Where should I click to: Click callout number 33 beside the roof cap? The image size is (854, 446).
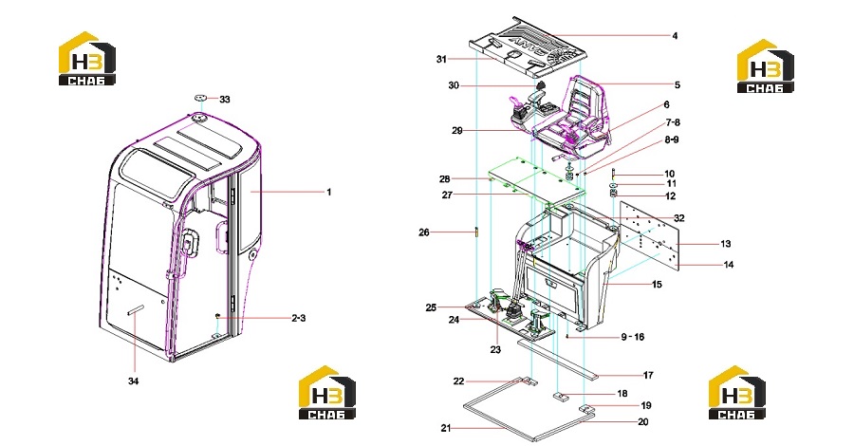[x=224, y=100]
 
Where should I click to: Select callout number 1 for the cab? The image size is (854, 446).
[x=329, y=193]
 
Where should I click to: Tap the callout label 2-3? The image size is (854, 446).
[x=299, y=319]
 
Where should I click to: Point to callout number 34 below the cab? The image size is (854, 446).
[x=134, y=381]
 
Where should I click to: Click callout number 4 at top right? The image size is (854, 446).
[x=675, y=36]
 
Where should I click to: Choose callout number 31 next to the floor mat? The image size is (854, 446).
[x=441, y=59]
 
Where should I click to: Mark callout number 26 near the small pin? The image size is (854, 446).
[x=424, y=232]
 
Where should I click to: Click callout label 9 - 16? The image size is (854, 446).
[x=633, y=337]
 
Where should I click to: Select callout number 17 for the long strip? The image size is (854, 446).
[x=648, y=375]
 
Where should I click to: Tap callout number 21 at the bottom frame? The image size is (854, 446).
[x=446, y=429]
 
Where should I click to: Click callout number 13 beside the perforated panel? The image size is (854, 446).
[x=726, y=244]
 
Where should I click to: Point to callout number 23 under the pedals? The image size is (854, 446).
[x=495, y=349]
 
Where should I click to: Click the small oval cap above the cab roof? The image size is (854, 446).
[x=200, y=98]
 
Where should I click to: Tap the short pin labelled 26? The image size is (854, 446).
[x=476, y=232]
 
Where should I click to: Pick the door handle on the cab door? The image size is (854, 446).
[x=189, y=241]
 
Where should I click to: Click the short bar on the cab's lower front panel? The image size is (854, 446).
[x=136, y=308]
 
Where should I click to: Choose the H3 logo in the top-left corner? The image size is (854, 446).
[x=87, y=58]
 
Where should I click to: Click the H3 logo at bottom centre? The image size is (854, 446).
[x=327, y=392]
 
